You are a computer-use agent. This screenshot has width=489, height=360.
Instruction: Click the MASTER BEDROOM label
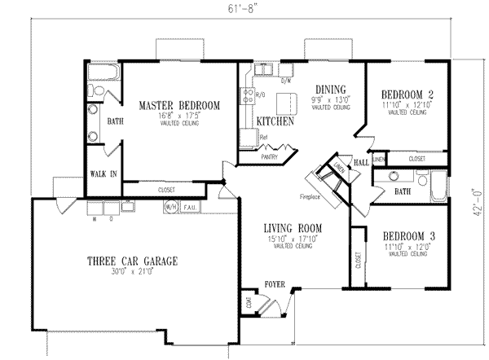tap(178, 106)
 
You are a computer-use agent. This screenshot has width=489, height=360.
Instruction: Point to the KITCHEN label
tap(275, 121)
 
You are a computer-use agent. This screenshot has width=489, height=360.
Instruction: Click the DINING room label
tap(332, 90)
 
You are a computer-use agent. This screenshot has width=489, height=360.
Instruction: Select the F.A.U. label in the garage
tap(191, 208)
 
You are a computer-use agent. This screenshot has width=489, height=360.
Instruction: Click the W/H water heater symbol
tap(171, 208)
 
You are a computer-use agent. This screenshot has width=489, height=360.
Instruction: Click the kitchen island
tap(285, 103)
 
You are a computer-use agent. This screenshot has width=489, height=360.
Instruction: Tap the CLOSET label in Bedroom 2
tap(416, 159)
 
